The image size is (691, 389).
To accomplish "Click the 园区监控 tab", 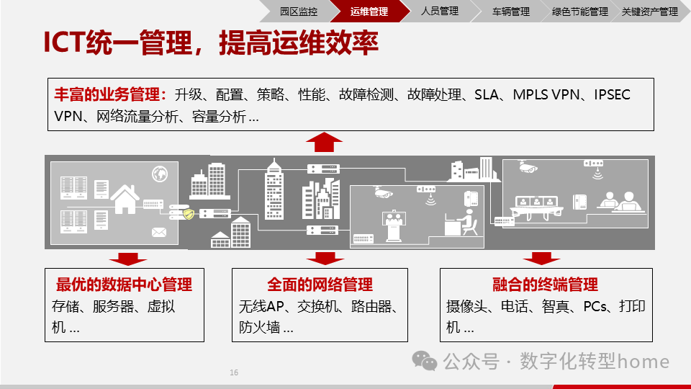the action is [298, 12].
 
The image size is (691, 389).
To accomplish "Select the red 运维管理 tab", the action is [369, 12].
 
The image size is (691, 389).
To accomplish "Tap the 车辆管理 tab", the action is [510, 12].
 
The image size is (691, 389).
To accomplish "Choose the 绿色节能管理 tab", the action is [579, 12].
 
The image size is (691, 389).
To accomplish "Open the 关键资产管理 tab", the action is [649, 12].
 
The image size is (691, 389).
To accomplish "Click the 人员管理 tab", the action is [439, 12].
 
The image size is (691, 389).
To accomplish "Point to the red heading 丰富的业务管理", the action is [110, 95].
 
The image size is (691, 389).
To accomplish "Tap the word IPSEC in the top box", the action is [612, 95].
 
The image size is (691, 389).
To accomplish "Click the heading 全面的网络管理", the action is [320, 284].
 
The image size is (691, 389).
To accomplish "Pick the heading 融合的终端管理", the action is [546, 284].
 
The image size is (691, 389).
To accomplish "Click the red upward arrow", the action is [324, 142].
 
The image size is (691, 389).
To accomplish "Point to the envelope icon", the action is [158, 232].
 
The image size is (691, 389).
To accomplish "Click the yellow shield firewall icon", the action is [189, 214].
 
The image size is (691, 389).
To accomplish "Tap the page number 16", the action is [234, 372].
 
